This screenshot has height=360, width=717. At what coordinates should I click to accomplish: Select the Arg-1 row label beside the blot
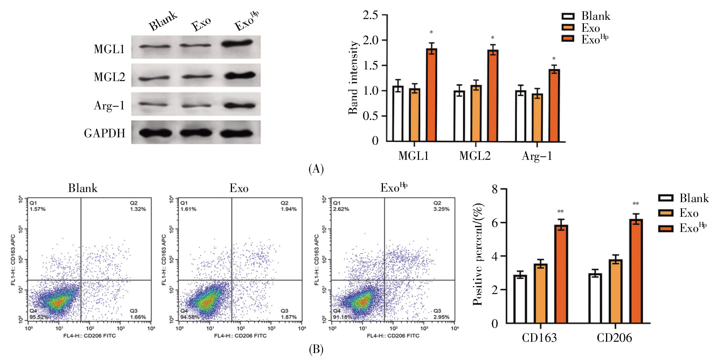(109, 106)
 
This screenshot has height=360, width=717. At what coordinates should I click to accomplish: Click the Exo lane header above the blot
(201, 24)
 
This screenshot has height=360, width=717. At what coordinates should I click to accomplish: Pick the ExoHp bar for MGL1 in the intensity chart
(431, 95)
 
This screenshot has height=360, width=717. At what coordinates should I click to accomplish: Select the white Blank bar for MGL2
(459, 116)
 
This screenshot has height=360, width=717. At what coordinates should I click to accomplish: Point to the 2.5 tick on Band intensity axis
(370, 15)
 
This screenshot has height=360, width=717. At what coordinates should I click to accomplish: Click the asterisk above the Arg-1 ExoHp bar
(554, 59)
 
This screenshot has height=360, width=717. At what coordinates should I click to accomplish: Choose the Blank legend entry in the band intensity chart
(586, 16)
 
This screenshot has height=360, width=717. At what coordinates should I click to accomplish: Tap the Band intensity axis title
(353, 78)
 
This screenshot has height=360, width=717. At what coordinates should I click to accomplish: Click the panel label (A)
(316, 169)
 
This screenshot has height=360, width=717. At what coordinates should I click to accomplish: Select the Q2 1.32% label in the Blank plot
(138, 206)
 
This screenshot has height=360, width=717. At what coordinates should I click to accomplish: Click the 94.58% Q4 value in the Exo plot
(190, 317)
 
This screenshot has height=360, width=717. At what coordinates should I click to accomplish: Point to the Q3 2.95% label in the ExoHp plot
(441, 314)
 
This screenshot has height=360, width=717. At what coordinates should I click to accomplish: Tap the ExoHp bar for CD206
(636, 271)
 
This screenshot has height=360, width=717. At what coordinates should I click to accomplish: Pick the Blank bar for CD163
(520, 299)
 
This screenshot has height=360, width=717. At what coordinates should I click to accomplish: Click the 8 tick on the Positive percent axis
(495, 189)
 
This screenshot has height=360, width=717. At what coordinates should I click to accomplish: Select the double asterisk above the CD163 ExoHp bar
(560, 212)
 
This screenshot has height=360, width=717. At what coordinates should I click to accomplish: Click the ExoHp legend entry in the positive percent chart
(683, 228)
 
